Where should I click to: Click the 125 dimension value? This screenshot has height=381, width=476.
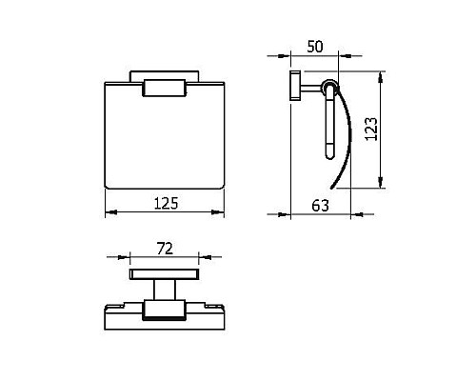point(166,204)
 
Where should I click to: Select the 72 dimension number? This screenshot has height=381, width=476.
point(166,249)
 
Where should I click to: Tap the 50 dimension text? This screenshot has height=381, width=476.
point(315,47)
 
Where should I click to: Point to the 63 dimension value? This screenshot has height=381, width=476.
point(320,206)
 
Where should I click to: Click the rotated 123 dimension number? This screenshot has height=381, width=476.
point(371,129)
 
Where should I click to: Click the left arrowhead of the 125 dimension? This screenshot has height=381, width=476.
point(111,211)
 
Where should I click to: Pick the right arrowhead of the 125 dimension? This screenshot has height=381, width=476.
point(218,211)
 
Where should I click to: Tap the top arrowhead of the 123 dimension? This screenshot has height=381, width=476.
point(381,77)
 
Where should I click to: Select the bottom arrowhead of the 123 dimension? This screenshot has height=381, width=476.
point(381,182)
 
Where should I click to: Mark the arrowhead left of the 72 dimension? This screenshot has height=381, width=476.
point(124,257)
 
